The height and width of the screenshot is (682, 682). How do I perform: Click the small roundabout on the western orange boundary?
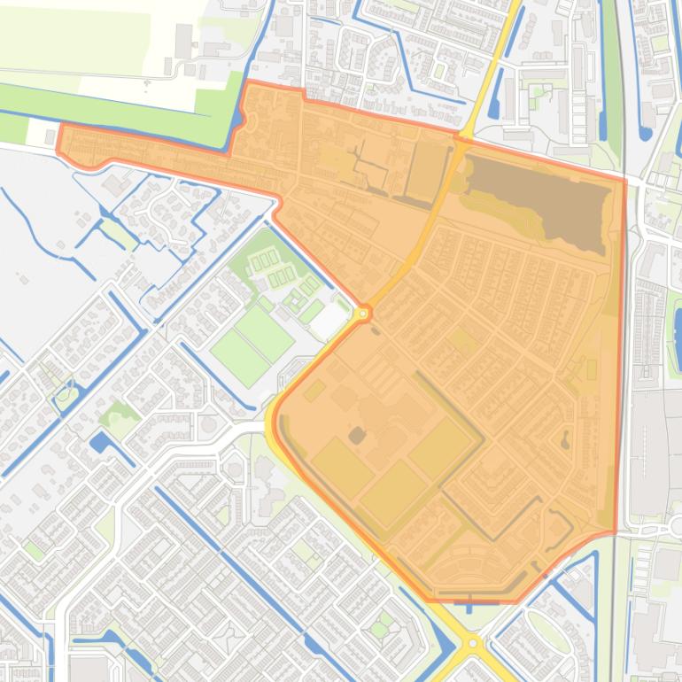point(362,313)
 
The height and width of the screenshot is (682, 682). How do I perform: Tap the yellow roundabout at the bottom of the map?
point(473,642)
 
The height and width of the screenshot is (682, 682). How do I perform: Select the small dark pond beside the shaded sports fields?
point(356,435)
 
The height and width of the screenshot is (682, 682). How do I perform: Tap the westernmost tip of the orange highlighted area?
point(58,149)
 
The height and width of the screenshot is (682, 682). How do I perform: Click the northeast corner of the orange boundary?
point(624,181)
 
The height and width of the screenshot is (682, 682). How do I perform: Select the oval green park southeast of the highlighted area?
point(549,632)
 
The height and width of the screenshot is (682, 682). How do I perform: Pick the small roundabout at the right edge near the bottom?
point(665,530)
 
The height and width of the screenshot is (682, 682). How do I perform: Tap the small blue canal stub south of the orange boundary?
point(469,606)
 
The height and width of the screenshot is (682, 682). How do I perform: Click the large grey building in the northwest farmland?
point(184,41)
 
